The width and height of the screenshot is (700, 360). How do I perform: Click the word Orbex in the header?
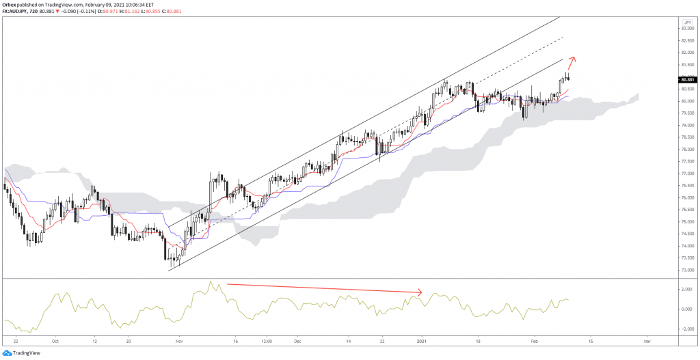tap(10, 5)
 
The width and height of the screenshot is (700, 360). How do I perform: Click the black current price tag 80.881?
tap(688, 81)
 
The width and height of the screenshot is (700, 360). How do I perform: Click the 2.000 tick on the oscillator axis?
tap(686, 290)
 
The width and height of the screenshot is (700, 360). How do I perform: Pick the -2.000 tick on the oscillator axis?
tap(686, 329)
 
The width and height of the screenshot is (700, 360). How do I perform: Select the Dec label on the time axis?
tap(297, 340)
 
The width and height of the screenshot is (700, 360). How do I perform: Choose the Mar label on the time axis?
tap(646, 340)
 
